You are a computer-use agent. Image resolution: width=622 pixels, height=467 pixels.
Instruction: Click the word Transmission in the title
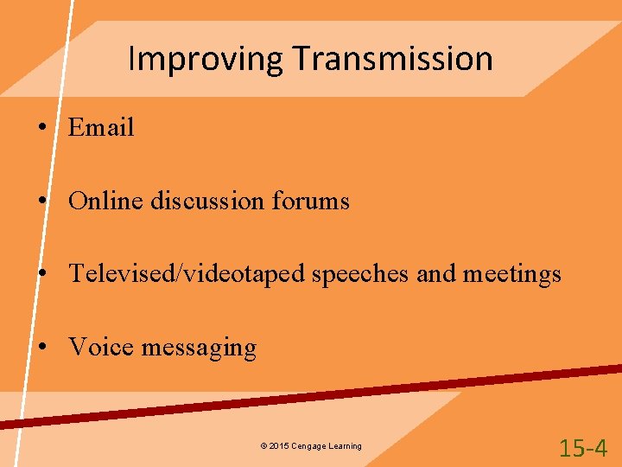[392, 59]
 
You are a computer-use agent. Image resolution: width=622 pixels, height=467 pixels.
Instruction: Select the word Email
[101, 128]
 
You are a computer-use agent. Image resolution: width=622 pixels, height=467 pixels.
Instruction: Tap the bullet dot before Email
[41, 128]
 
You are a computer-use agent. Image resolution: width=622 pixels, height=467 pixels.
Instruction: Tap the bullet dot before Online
[41, 202]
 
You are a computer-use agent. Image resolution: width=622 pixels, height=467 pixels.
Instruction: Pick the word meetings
[512, 275]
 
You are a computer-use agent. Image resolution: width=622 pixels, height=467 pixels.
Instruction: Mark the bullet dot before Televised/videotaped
[41, 275]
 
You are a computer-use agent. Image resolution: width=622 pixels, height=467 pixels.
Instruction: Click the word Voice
[101, 348]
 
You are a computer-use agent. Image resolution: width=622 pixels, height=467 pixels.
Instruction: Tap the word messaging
[199, 349]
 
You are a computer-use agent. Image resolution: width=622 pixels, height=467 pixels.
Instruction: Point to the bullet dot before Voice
[41, 348]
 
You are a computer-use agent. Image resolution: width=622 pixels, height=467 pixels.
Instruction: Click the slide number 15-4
[583, 448]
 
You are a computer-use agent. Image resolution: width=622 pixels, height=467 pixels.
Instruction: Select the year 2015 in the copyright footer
[278, 446]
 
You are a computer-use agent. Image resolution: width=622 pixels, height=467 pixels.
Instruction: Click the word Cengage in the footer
[308, 446]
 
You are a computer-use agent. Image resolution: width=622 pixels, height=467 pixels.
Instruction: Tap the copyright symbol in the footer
[263, 446]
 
